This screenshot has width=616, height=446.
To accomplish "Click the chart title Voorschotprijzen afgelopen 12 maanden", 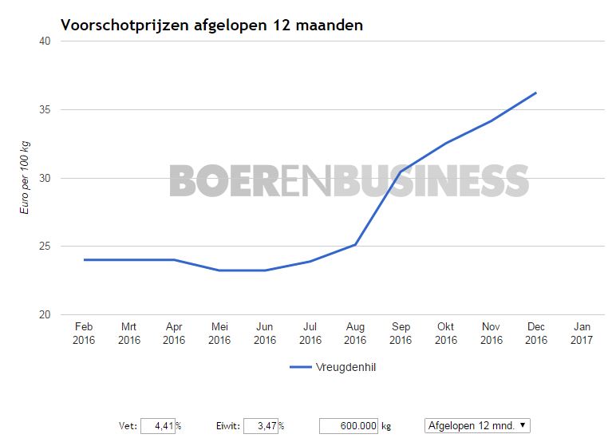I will (211, 25).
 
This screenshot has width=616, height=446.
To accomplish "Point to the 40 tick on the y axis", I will (45, 41).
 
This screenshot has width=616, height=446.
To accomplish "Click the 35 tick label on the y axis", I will (45, 109).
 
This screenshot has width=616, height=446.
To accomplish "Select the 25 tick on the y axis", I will (45, 246).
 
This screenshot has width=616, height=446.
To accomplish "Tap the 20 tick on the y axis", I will (45, 314).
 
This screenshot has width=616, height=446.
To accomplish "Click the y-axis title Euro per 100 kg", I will (26, 177).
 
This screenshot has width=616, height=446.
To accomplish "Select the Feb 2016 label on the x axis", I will (84, 333).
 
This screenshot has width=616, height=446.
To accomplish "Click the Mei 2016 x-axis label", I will (219, 333).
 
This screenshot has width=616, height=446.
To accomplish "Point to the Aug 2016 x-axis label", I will (355, 333).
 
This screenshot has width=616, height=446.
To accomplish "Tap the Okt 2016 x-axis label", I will (446, 333).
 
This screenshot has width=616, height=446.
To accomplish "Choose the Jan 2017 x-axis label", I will (582, 333).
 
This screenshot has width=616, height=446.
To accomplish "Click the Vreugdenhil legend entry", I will (334, 367).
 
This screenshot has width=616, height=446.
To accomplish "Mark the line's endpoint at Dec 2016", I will (536, 93).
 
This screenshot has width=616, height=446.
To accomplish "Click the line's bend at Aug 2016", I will (355, 244).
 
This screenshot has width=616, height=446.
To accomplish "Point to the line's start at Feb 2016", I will (84, 259).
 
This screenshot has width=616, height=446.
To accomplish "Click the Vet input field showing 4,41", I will (158, 425).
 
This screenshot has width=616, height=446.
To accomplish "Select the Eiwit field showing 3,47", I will (260, 425).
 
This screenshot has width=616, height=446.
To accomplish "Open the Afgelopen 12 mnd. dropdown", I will (477, 425).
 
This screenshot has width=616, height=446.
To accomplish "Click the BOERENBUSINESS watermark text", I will (349, 180).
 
